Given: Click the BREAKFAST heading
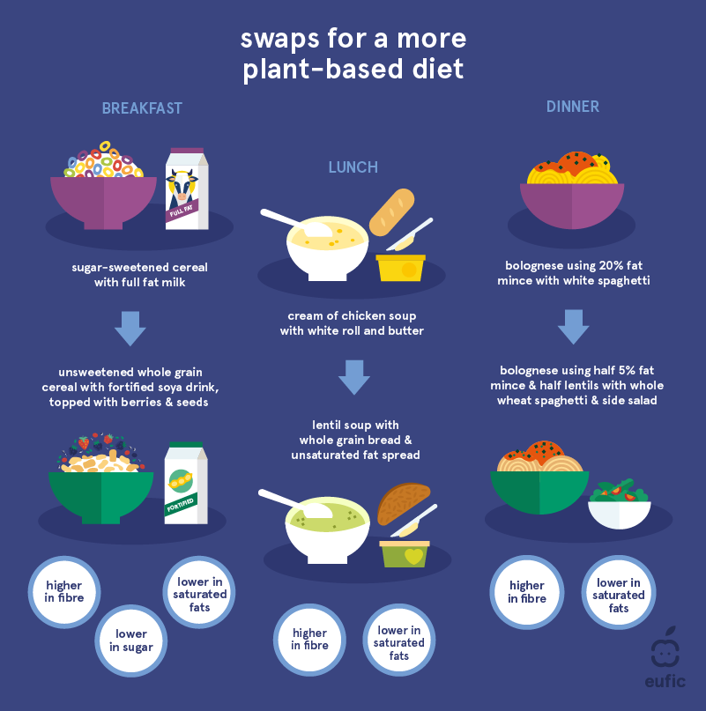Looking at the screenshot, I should [142, 109].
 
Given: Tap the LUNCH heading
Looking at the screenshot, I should [353, 167].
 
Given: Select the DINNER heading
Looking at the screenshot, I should [572, 107].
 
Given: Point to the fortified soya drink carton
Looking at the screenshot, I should [186, 483].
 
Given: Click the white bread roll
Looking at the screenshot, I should [391, 212].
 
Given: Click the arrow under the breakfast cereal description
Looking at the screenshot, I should [130, 328].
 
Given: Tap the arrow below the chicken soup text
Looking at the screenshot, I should [354, 376].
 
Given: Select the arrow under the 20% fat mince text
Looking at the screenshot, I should [573, 326].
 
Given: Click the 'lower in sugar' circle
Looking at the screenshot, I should [131, 641].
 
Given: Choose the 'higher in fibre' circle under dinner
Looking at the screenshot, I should [526, 592].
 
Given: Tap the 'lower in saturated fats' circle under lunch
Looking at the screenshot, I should [399, 642].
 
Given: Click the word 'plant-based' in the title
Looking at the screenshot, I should [328, 70].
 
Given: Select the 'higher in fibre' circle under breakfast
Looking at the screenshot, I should [64, 592].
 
